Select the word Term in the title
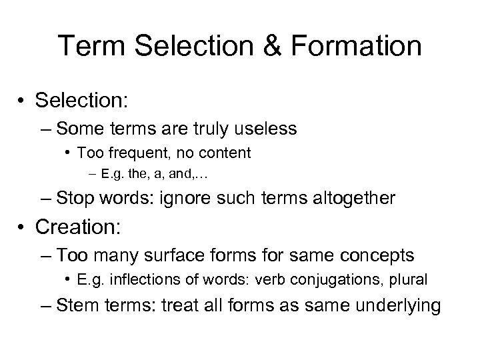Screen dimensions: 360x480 pos(86,46)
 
